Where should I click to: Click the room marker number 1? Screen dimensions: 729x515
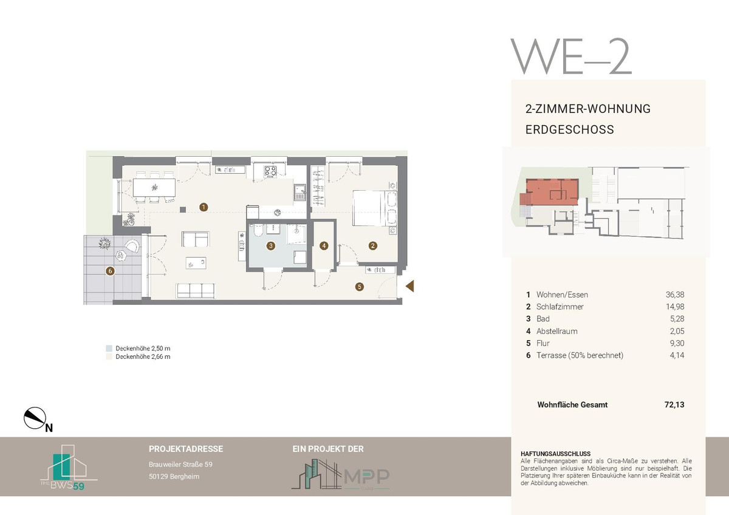click(x=204, y=207)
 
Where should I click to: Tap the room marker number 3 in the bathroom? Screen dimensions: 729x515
click(x=271, y=245)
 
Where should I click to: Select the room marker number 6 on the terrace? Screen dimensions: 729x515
click(x=111, y=271)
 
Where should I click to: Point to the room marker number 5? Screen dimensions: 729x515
click(x=359, y=287)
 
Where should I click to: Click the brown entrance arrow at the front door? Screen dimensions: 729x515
click(x=410, y=286)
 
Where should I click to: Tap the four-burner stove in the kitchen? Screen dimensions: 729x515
click(x=270, y=171)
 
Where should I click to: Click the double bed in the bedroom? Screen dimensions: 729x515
click(x=375, y=208)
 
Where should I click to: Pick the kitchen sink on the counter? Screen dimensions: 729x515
click(x=300, y=193)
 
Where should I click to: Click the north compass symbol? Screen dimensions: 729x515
click(x=35, y=418)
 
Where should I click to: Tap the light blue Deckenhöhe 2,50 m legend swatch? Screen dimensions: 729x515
click(x=109, y=348)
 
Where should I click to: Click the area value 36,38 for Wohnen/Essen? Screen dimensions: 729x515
click(x=675, y=295)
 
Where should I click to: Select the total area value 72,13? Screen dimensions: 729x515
click(x=674, y=404)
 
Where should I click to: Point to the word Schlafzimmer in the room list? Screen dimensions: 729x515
click(x=560, y=307)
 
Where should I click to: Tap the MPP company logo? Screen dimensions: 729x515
click(x=340, y=474)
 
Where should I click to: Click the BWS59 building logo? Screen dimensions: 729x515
click(x=69, y=468)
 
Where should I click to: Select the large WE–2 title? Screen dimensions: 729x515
click(x=571, y=56)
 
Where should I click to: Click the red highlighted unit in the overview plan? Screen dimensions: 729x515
click(x=552, y=191)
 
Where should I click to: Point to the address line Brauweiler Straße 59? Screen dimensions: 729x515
click(x=180, y=464)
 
